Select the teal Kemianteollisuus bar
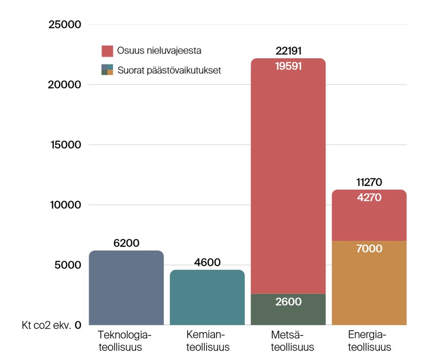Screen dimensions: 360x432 tap(207, 298)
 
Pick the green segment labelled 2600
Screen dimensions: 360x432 tap(288, 309)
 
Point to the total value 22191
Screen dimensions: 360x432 tap(288, 51)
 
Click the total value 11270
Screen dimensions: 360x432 tap(369, 183)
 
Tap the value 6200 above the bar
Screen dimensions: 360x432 tap(126, 243)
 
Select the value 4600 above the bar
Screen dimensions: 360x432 tap(207, 262)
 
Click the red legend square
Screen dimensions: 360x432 tap(107, 51)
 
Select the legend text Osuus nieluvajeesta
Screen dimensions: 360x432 tap(159, 51)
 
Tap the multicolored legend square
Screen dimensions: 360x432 tap(107, 70)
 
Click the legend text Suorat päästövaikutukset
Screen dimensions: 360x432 tap(169, 70)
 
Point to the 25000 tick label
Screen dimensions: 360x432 tap(64, 25)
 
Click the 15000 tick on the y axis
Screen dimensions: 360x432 tap(64, 145)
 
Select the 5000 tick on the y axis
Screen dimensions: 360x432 tap(67, 265)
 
